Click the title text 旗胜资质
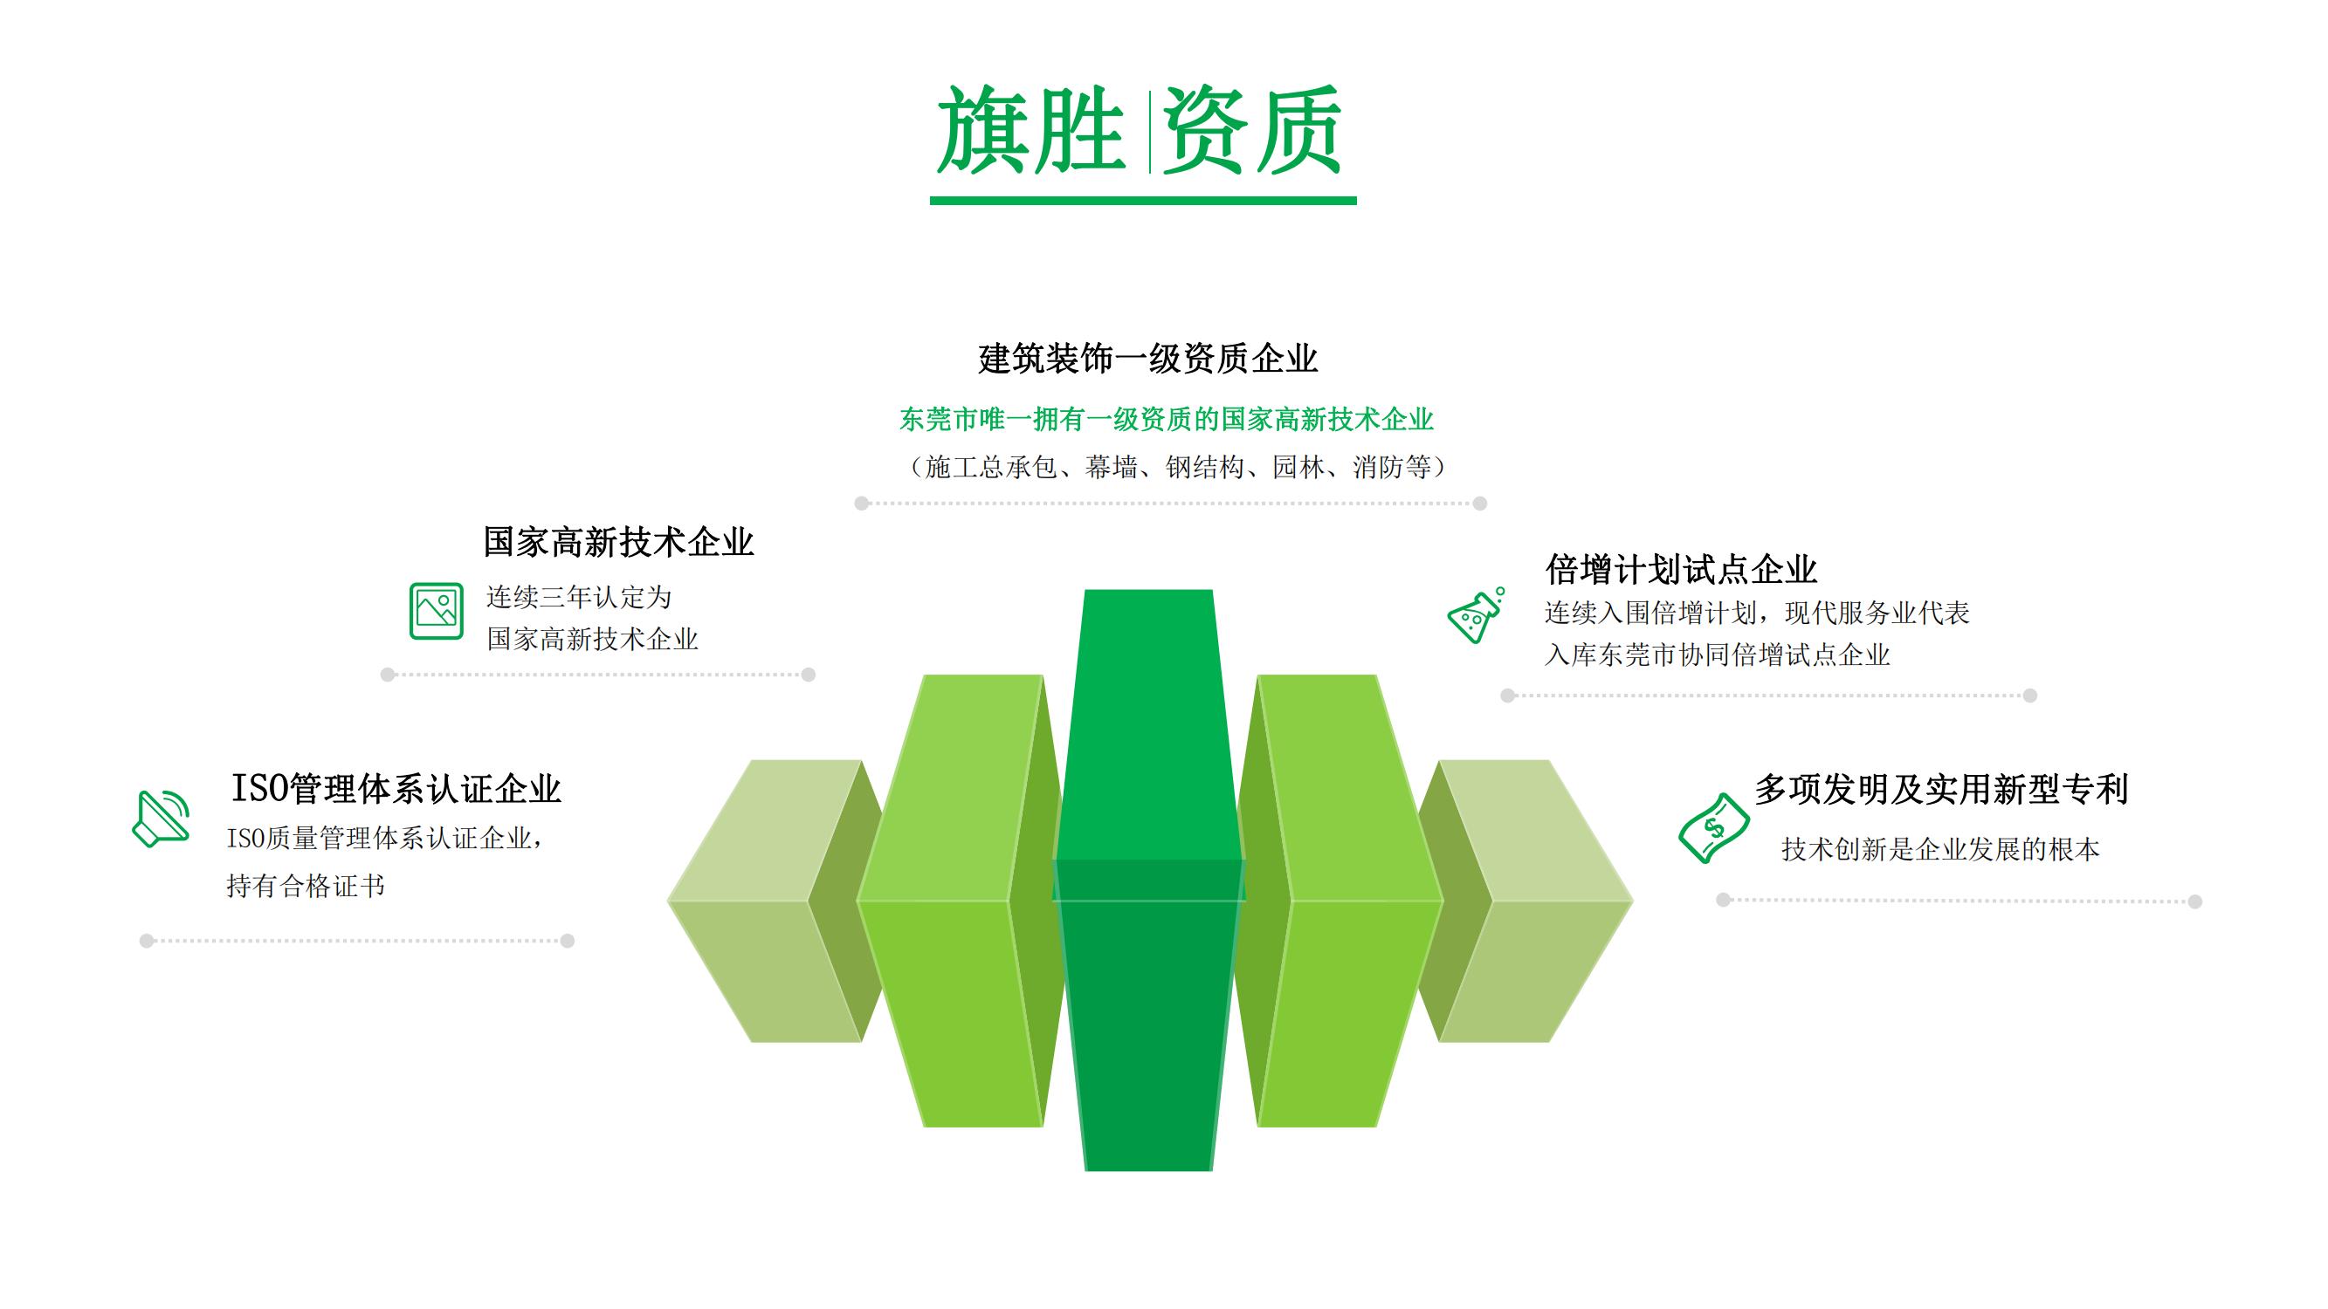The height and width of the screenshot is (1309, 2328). (x=1140, y=131)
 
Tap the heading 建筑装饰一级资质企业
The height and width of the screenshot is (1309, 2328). (x=1147, y=359)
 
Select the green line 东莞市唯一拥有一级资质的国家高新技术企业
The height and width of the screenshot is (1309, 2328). (x=1166, y=419)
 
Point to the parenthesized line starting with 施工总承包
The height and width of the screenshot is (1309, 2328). (x=1174, y=467)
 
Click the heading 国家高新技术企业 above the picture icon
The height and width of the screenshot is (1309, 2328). (x=618, y=542)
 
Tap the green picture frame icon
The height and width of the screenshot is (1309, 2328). (x=437, y=612)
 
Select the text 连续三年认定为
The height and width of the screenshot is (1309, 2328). (x=578, y=597)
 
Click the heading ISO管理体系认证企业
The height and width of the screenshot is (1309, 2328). (x=396, y=789)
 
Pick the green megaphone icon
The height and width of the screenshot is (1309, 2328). (x=161, y=819)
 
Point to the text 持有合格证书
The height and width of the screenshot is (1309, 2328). (x=306, y=887)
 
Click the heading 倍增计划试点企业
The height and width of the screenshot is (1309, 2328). (x=1681, y=570)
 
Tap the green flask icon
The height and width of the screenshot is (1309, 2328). (x=1476, y=615)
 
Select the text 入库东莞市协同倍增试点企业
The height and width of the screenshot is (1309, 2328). (x=1717, y=655)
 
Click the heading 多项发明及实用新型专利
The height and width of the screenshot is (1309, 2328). (x=1941, y=790)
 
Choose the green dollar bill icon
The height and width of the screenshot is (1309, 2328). (x=1712, y=827)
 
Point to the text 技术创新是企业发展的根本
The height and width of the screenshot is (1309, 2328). (x=1940, y=849)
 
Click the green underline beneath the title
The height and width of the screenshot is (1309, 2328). (x=1143, y=201)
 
